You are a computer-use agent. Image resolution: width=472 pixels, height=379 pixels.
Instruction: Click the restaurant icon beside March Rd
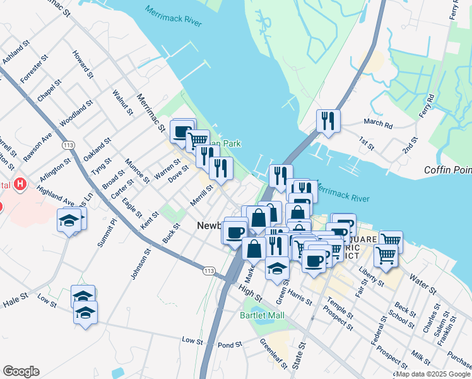[x=327, y=121]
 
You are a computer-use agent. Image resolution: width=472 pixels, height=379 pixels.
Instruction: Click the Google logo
[x=21, y=371]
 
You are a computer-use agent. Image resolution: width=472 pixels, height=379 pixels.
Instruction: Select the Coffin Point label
[x=447, y=169]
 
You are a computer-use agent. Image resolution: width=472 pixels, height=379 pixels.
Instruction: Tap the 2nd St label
[x=410, y=147]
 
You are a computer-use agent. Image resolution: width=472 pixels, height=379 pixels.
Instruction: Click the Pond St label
[x=230, y=345]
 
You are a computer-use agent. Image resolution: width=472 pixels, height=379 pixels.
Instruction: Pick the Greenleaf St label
[x=273, y=354]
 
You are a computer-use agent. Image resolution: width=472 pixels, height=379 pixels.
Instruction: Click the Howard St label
[x=83, y=64]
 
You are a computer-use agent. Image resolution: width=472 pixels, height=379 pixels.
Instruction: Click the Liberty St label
[x=371, y=276]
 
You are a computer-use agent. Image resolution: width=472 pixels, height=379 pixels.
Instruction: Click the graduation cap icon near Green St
[x=277, y=268]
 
